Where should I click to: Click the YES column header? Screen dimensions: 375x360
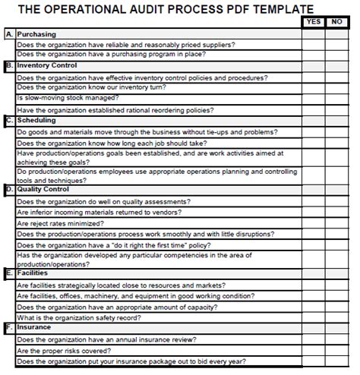(313, 22)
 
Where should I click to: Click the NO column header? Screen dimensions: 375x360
(336, 22)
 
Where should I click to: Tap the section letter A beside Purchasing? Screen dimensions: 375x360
(9, 34)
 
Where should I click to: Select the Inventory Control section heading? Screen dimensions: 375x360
(47, 65)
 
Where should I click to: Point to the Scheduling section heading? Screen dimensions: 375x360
(36, 120)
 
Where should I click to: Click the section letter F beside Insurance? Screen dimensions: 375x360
(9, 327)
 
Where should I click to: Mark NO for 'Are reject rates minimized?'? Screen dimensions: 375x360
(336, 223)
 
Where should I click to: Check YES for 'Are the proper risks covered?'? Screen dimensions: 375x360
(313, 351)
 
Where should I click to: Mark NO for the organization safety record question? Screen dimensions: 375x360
(336, 317)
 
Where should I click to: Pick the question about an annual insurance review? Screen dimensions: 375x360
(106, 339)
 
